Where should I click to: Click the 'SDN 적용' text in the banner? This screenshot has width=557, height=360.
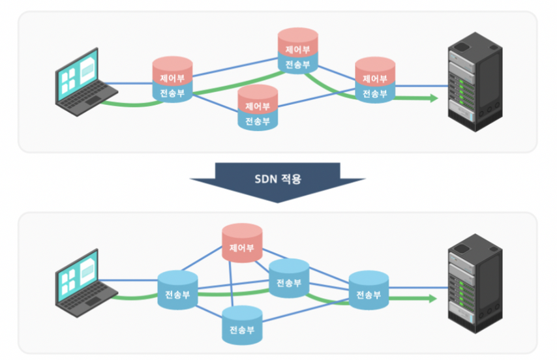[278, 177]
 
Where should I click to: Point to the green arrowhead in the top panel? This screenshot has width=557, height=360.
[432, 98]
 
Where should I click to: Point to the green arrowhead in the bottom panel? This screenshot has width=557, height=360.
[432, 299]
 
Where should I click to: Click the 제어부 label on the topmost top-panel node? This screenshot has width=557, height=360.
[297, 49]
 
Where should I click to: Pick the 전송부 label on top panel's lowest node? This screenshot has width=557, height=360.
[258, 121]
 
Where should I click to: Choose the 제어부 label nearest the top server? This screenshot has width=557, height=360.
[375, 79]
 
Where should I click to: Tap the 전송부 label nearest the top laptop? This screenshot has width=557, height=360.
[172, 93]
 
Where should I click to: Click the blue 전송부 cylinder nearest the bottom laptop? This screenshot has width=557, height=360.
[177, 293]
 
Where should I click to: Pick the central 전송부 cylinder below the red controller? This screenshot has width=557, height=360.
[288, 280]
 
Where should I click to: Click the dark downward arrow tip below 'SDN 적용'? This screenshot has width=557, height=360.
[278, 200]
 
